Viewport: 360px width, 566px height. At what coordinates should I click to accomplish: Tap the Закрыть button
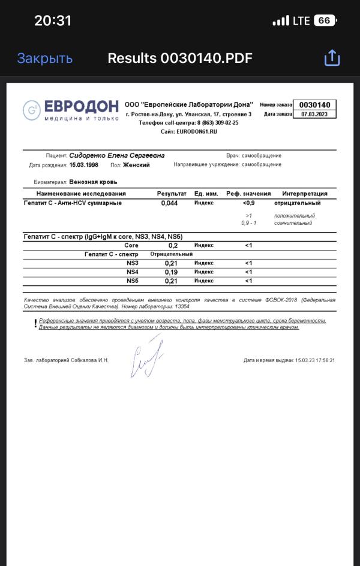pyautogui.click(x=45, y=58)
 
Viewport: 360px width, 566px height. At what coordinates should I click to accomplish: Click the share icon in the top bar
pyautogui.click(x=332, y=58)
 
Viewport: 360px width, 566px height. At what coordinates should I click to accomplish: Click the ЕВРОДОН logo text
pyautogui.click(x=80, y=106)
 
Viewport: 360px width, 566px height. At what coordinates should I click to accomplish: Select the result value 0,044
pyautogui.click(x=170, y=203)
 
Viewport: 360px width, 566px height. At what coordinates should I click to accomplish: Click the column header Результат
pyautogui.click(x=172, y=194)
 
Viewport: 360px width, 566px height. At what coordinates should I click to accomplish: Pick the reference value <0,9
pyautogui.click(x=248, y=203)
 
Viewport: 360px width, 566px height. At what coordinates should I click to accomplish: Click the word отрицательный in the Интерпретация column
pyautogui.click(x=305, y=203)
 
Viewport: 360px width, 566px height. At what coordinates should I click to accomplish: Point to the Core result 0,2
pyautogui.click(x=173, y=246)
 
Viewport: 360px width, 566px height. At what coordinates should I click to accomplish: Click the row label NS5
pyautogui.click(x=132, y=281)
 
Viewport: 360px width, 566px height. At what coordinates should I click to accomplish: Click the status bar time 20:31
pyautogui.click(x=53, y=20)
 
